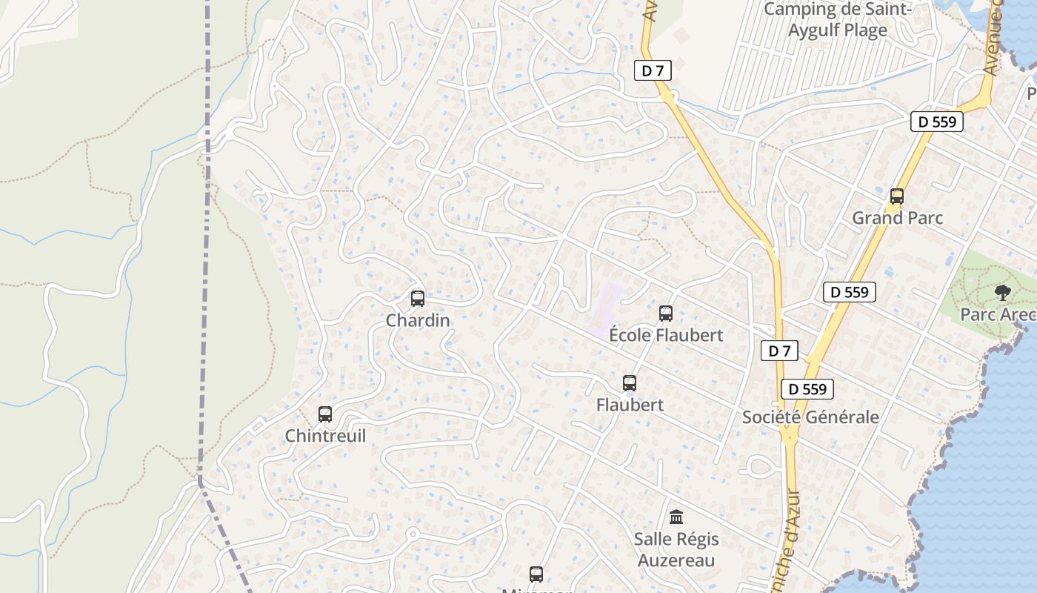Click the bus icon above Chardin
(418, 299)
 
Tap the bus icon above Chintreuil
(325, 414)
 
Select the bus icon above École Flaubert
(666, 314)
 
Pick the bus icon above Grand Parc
(897, 196)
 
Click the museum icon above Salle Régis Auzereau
(676, 517)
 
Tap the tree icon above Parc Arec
(1003, 292)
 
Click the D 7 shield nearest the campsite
(653, 71)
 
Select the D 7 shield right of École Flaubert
(779, 351)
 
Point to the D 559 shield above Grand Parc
(937, 122)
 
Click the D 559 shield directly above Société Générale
(807, 389)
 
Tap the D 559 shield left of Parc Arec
(850, 292)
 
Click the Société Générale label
(810, 417)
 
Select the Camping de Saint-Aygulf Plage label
(837, 20)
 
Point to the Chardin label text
(418, 320)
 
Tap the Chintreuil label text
(325, 436)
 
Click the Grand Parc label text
(897, 218)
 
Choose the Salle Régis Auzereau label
(676, 549)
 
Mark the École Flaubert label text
(666, 335)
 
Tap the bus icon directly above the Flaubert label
(630, 383)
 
